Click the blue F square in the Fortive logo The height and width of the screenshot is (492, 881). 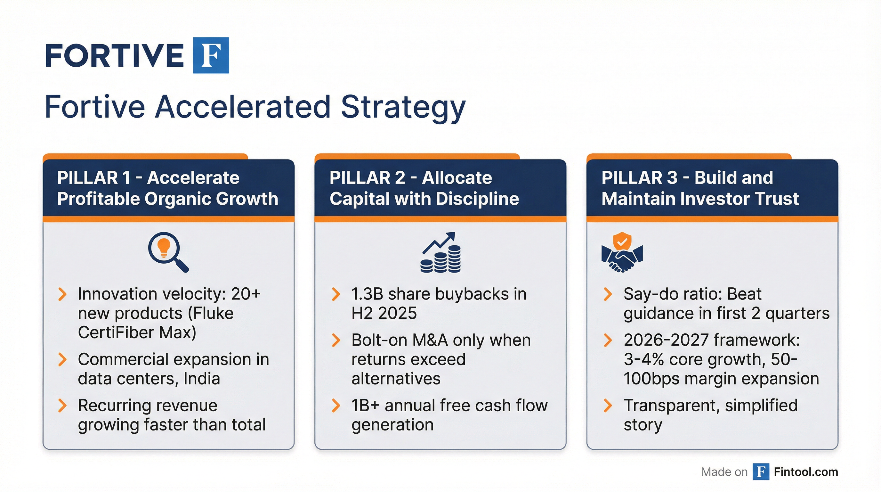211,55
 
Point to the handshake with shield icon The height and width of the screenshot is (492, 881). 622,252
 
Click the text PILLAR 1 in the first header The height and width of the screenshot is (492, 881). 93,178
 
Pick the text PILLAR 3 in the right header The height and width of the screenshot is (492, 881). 639,178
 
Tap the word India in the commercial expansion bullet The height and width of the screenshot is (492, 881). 201,379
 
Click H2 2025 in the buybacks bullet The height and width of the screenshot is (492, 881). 384,313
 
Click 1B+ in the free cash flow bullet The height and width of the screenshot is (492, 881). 365,406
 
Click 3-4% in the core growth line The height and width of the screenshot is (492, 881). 644,360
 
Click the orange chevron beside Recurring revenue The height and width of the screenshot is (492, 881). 62,406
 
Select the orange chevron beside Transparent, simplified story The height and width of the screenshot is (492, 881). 608,406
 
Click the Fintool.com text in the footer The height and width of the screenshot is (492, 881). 806,472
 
